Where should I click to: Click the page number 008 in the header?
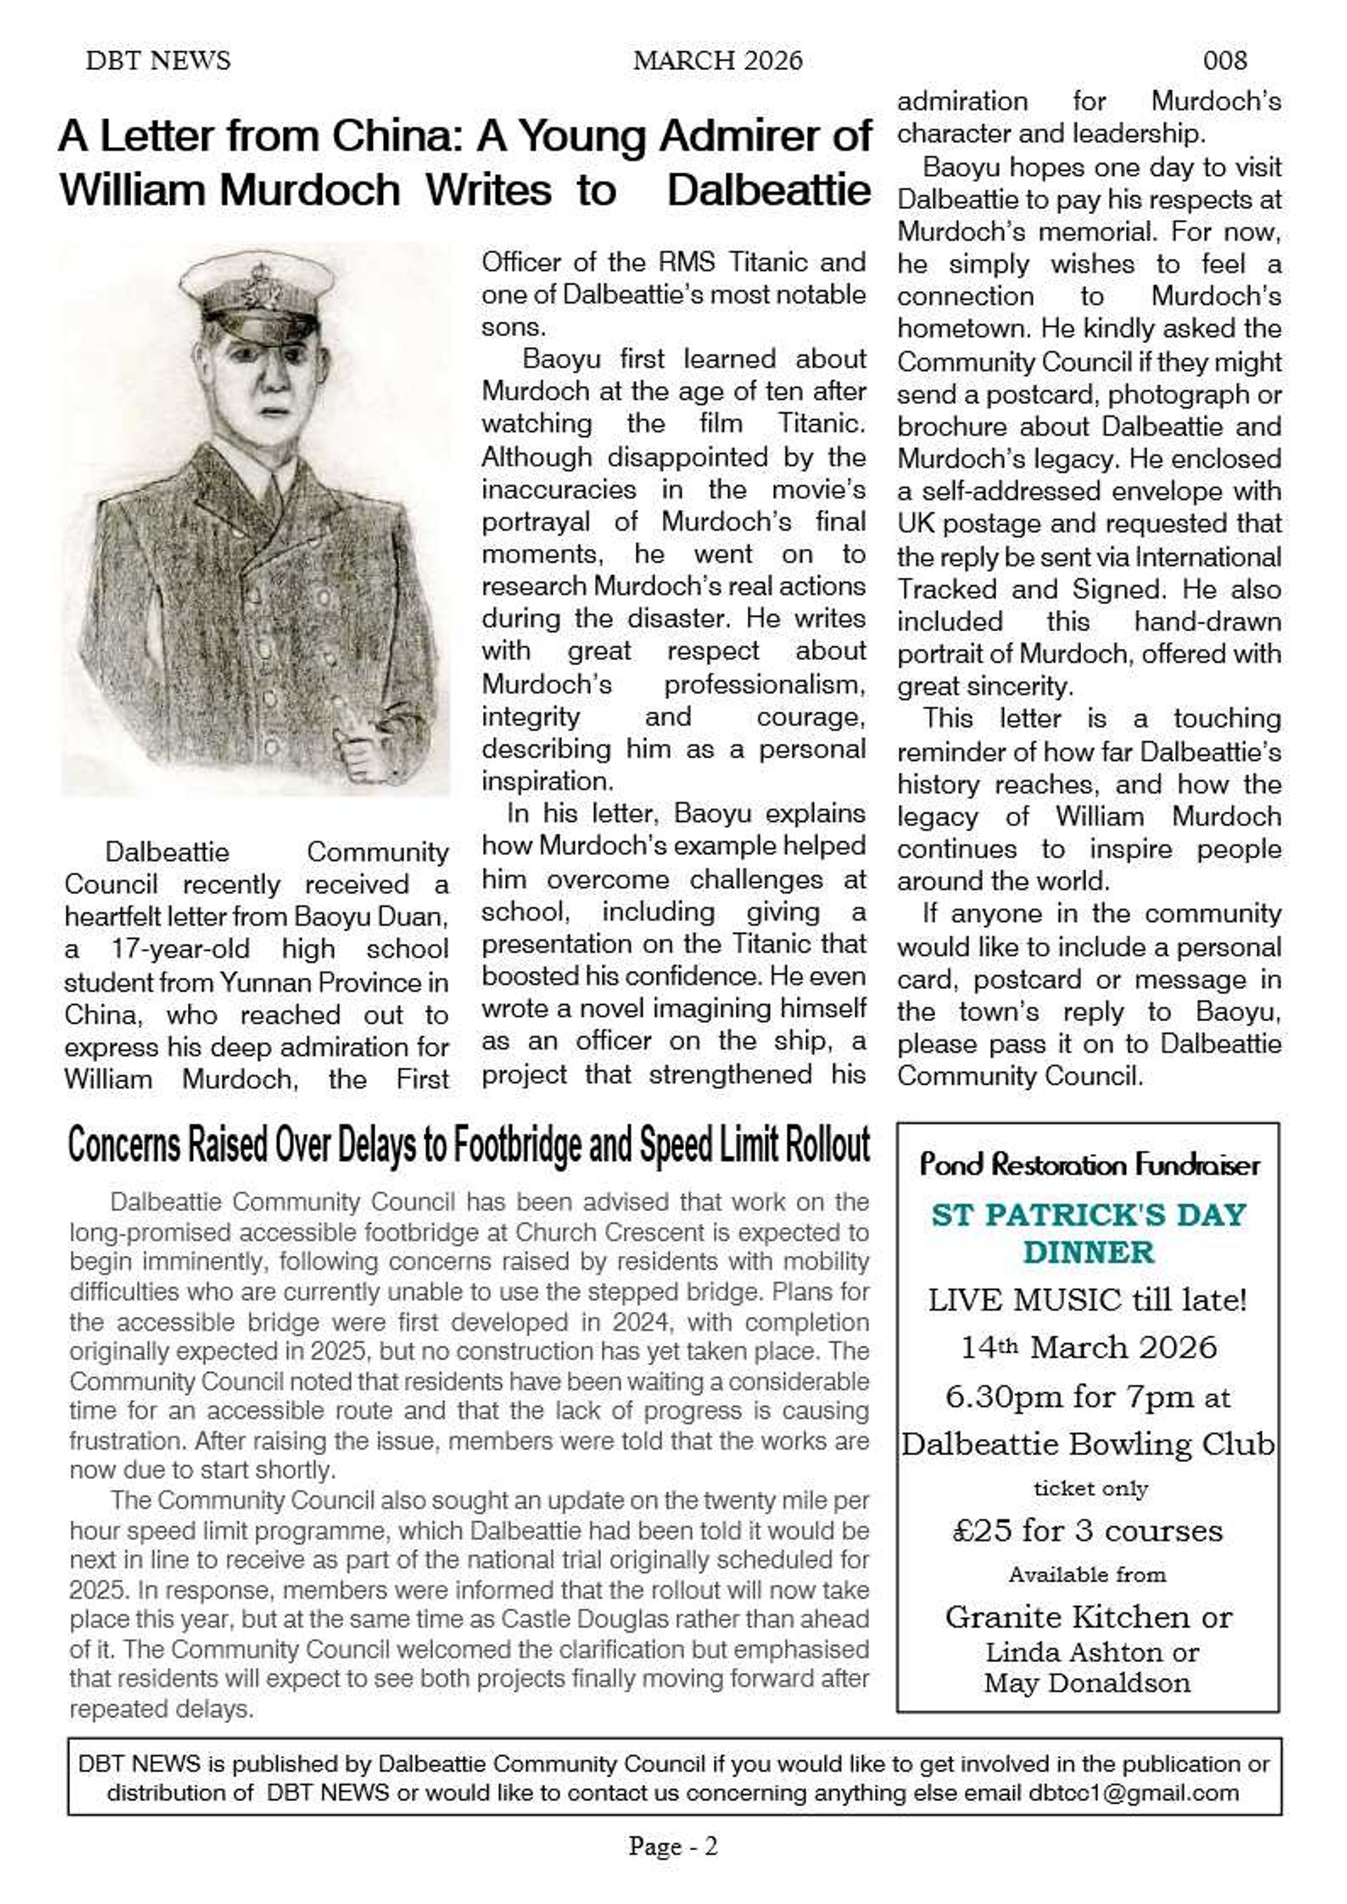coord(1224,60)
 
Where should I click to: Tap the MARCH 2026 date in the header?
coord(718,60)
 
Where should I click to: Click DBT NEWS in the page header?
coord(158,60)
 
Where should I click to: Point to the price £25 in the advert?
coord(981,1530)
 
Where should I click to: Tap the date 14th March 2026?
coord(1088,1348)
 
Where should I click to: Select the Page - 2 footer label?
coord(673,1846)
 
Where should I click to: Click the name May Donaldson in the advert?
coord(1087,1682)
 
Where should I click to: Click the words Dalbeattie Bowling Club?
coord(1088,1445)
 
